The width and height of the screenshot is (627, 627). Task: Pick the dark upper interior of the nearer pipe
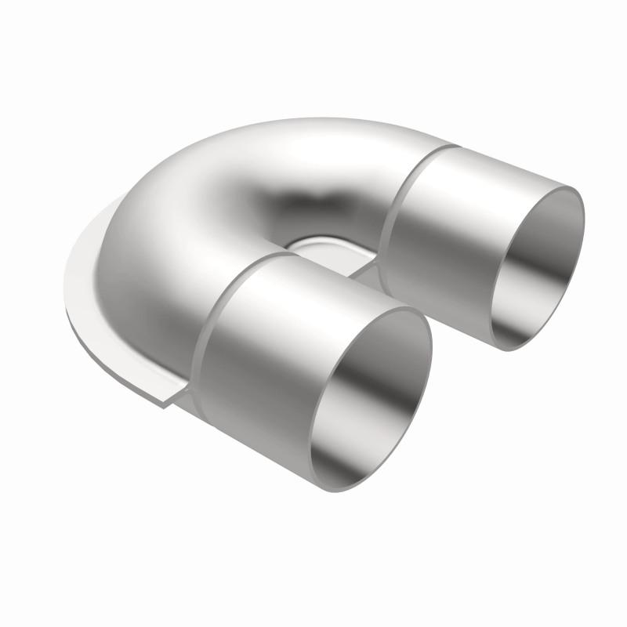(x=368, y=345)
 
